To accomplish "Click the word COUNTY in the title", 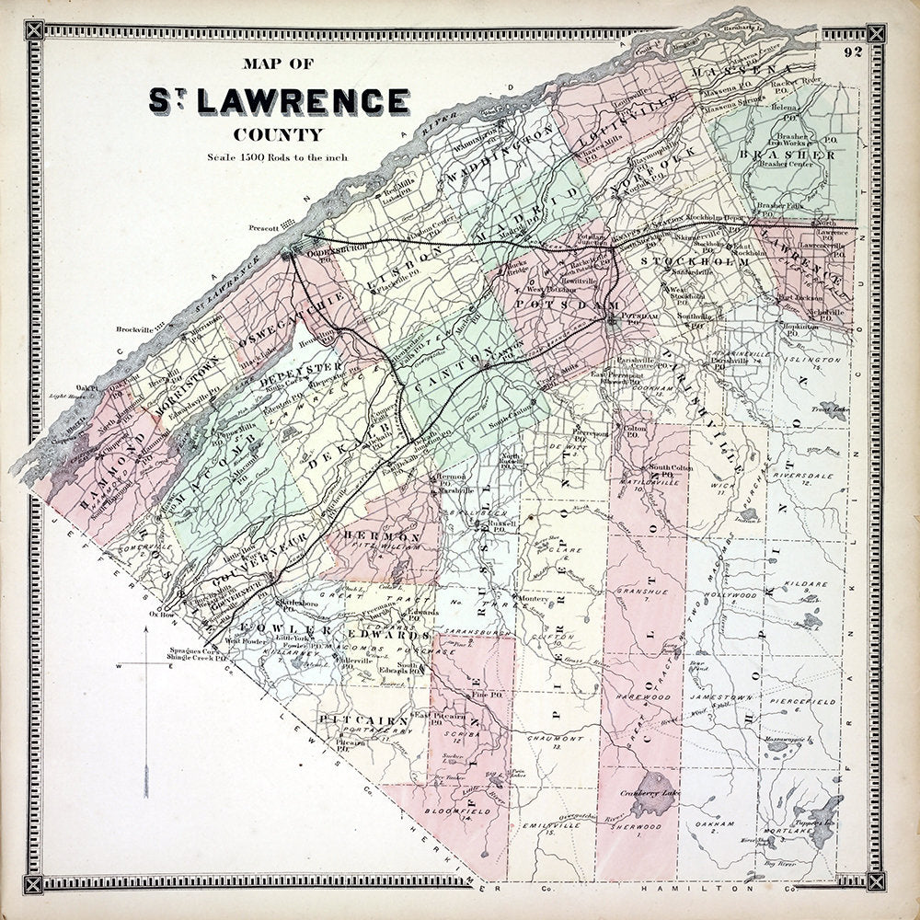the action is coord(278,134).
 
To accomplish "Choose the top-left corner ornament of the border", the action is coord(35,34).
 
